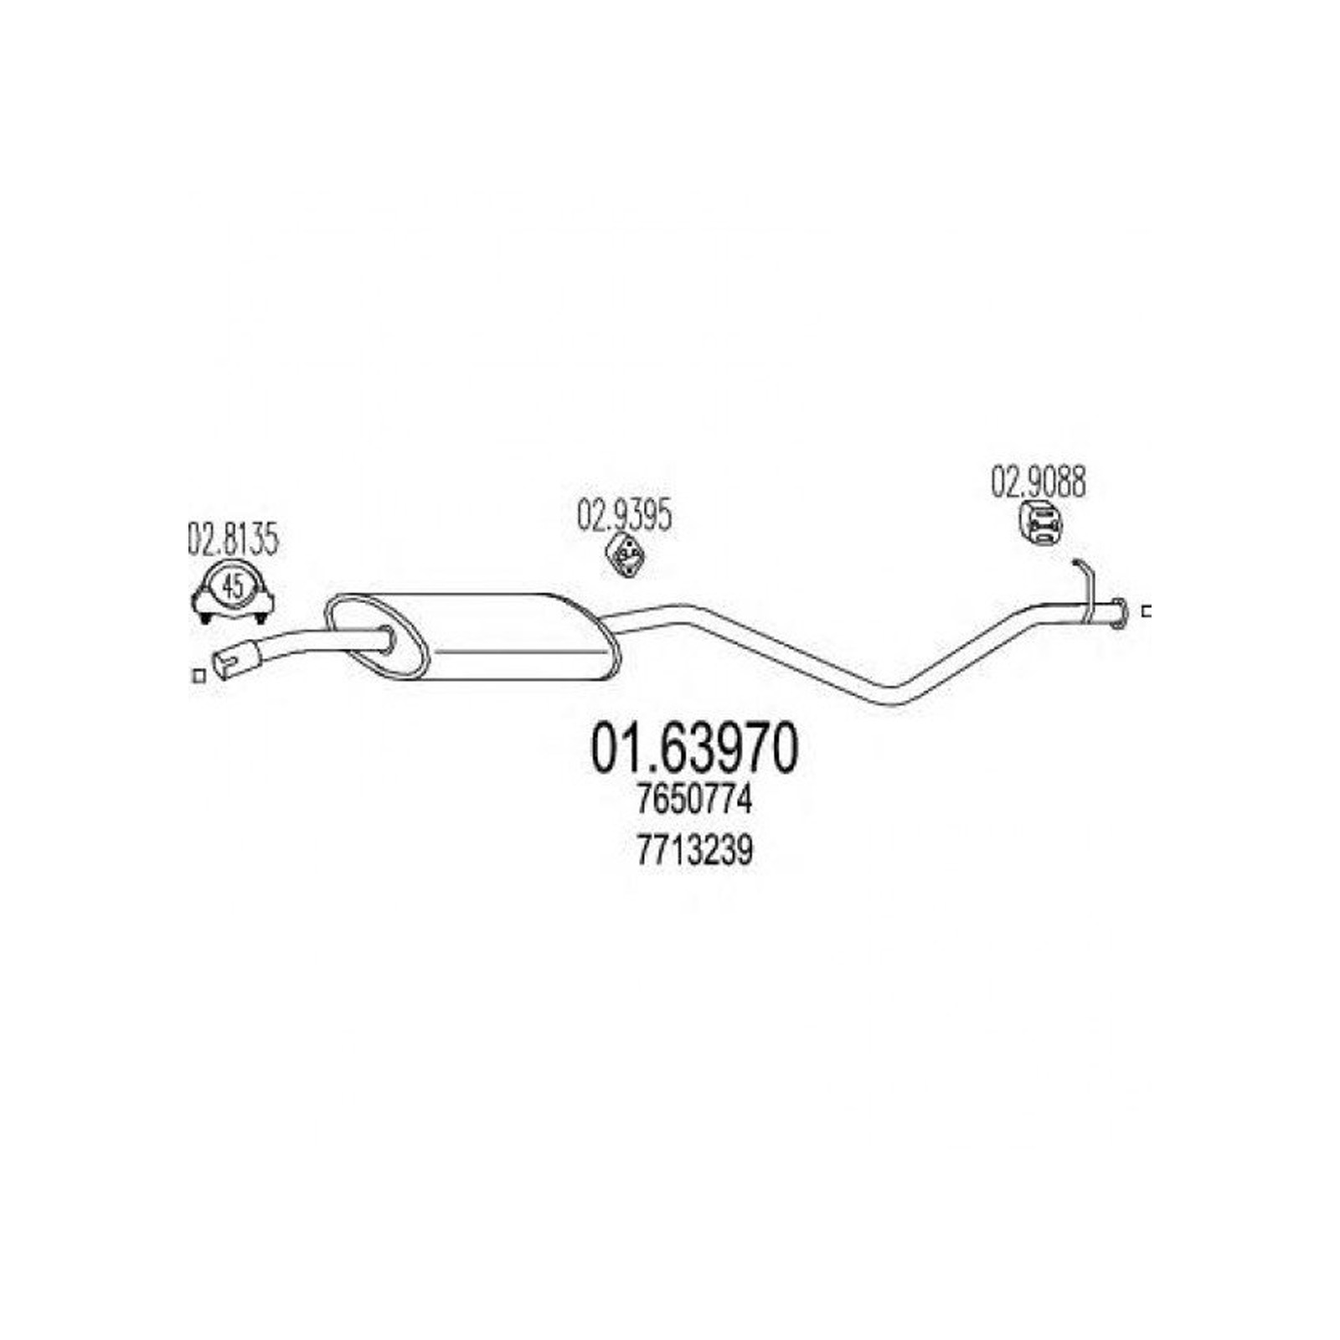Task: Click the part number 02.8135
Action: [232, 540]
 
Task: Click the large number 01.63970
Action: [695, 749]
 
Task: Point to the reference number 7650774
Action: [694, 801]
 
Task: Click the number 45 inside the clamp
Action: [234, 586]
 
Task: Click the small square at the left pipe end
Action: [198, 676]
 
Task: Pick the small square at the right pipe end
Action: [1147, 611]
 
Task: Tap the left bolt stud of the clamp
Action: [205, 619]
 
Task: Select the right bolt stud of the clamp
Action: [260, 619]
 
